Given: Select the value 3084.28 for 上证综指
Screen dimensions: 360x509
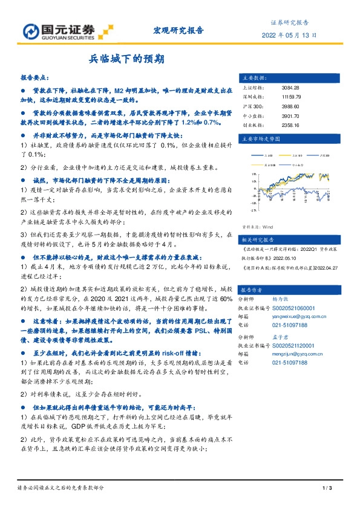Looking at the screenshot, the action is tap(290, 88).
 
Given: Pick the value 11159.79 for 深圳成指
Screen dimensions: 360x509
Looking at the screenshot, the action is tap(291, 97).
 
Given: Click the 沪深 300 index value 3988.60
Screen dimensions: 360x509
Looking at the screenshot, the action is tap(290, 106).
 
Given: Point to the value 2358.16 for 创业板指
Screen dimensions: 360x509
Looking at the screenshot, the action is tap(290, 125).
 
